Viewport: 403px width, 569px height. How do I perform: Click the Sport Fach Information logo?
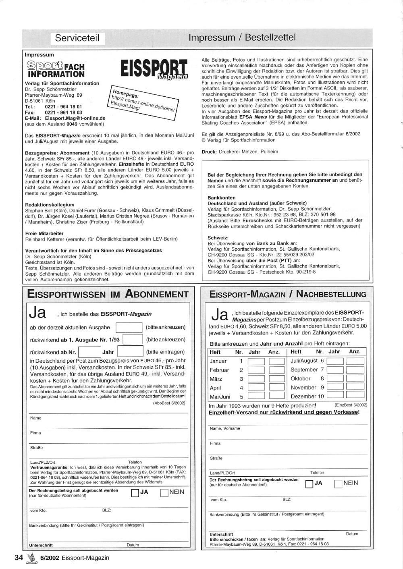[56, 69]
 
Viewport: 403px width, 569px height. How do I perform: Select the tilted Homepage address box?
[143, 102]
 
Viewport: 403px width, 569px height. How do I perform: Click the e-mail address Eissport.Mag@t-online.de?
[75, 118]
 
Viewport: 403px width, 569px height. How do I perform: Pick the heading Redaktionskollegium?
[50, 205]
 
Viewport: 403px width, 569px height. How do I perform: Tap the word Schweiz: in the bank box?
[218, 238]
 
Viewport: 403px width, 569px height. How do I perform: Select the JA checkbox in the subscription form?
[135, 493]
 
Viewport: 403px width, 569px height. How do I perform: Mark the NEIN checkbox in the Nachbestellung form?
[339, 484]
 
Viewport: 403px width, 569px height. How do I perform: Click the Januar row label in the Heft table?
[218, 361]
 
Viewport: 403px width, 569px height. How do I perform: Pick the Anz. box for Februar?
[276, 370]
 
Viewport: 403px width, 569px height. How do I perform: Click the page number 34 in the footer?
[19, 558]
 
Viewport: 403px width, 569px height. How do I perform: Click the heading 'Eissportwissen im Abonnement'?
[108, 294]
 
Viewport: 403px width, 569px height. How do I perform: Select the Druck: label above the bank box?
[210, 152]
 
